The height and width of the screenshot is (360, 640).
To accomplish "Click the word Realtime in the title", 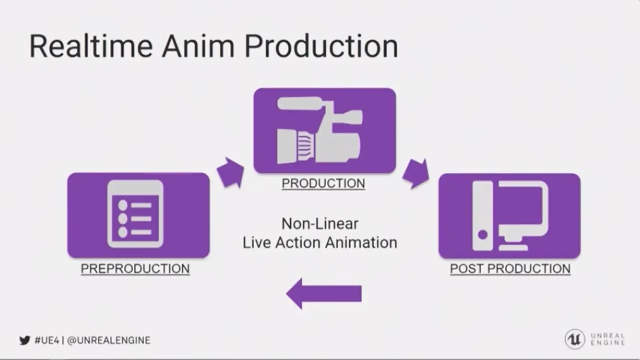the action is pyautogui.click(x=91, y=46).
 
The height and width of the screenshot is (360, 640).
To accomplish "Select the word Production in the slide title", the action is pyautogui.click(x=321, y=46).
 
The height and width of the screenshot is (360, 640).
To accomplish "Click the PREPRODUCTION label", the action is pyautogui.click(x=135, y=269).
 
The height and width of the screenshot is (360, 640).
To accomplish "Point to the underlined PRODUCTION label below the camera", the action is pyautogui.click(x=323, y=183).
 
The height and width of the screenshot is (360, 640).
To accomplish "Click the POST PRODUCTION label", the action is pyautogui.click(x=510, y=269).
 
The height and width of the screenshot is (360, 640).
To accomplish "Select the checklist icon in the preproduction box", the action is pyautogui.click(x=135, y=214).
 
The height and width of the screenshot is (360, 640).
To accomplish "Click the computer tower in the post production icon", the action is pyautogui.click(x=483, y=216).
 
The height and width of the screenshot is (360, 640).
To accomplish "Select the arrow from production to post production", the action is pyautogui.click(x=415, y=173).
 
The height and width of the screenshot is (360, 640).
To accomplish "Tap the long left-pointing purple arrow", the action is pyautogui.click(x=324, y=293).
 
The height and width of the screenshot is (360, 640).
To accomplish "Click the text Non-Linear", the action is pyautogui.click(x=320, y=224).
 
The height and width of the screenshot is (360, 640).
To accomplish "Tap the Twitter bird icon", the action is pyautogui.click(x=24, y=341).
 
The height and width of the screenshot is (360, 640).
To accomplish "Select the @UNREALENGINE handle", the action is pyautogui.click(x=108, y=341).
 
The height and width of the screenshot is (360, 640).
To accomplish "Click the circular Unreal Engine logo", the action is pyautogui.click(x=574, y=339).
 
